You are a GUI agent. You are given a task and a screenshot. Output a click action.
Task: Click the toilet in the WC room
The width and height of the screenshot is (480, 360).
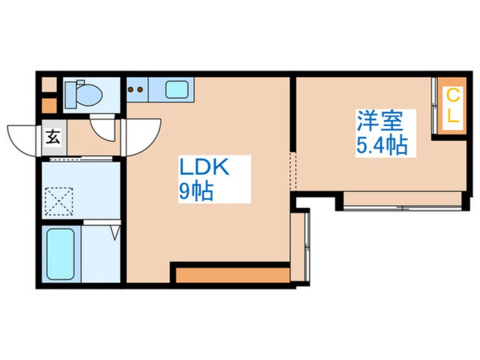point(83,94)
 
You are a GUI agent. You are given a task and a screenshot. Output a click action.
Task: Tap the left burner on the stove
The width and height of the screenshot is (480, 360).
point(130,90)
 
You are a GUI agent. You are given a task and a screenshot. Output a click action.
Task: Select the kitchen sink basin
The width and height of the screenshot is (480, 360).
point(176,90)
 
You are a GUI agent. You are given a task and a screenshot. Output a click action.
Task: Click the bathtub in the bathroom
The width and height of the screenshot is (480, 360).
point(61,254)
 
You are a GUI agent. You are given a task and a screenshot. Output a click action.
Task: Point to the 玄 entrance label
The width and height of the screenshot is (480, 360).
point(53,137)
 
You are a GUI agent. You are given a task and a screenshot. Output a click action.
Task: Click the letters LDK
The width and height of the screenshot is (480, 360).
point(204,168)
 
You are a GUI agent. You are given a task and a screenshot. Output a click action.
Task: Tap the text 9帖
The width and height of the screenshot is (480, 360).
point(196,192)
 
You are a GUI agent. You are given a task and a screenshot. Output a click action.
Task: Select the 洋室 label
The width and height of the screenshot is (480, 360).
point(379,121)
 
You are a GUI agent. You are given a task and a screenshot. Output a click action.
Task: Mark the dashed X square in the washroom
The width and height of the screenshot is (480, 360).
point(59,202)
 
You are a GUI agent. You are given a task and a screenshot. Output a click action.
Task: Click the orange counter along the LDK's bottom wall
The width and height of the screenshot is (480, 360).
point(233,275)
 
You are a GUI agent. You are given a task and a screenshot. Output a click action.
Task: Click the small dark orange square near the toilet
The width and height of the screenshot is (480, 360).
point(49,106)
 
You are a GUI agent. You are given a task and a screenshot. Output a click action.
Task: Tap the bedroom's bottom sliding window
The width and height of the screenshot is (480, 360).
point(403,208)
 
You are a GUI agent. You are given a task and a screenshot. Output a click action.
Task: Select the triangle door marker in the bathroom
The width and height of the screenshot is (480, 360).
point(115,233)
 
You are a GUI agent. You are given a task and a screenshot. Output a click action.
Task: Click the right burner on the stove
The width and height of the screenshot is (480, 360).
point(140,90)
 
